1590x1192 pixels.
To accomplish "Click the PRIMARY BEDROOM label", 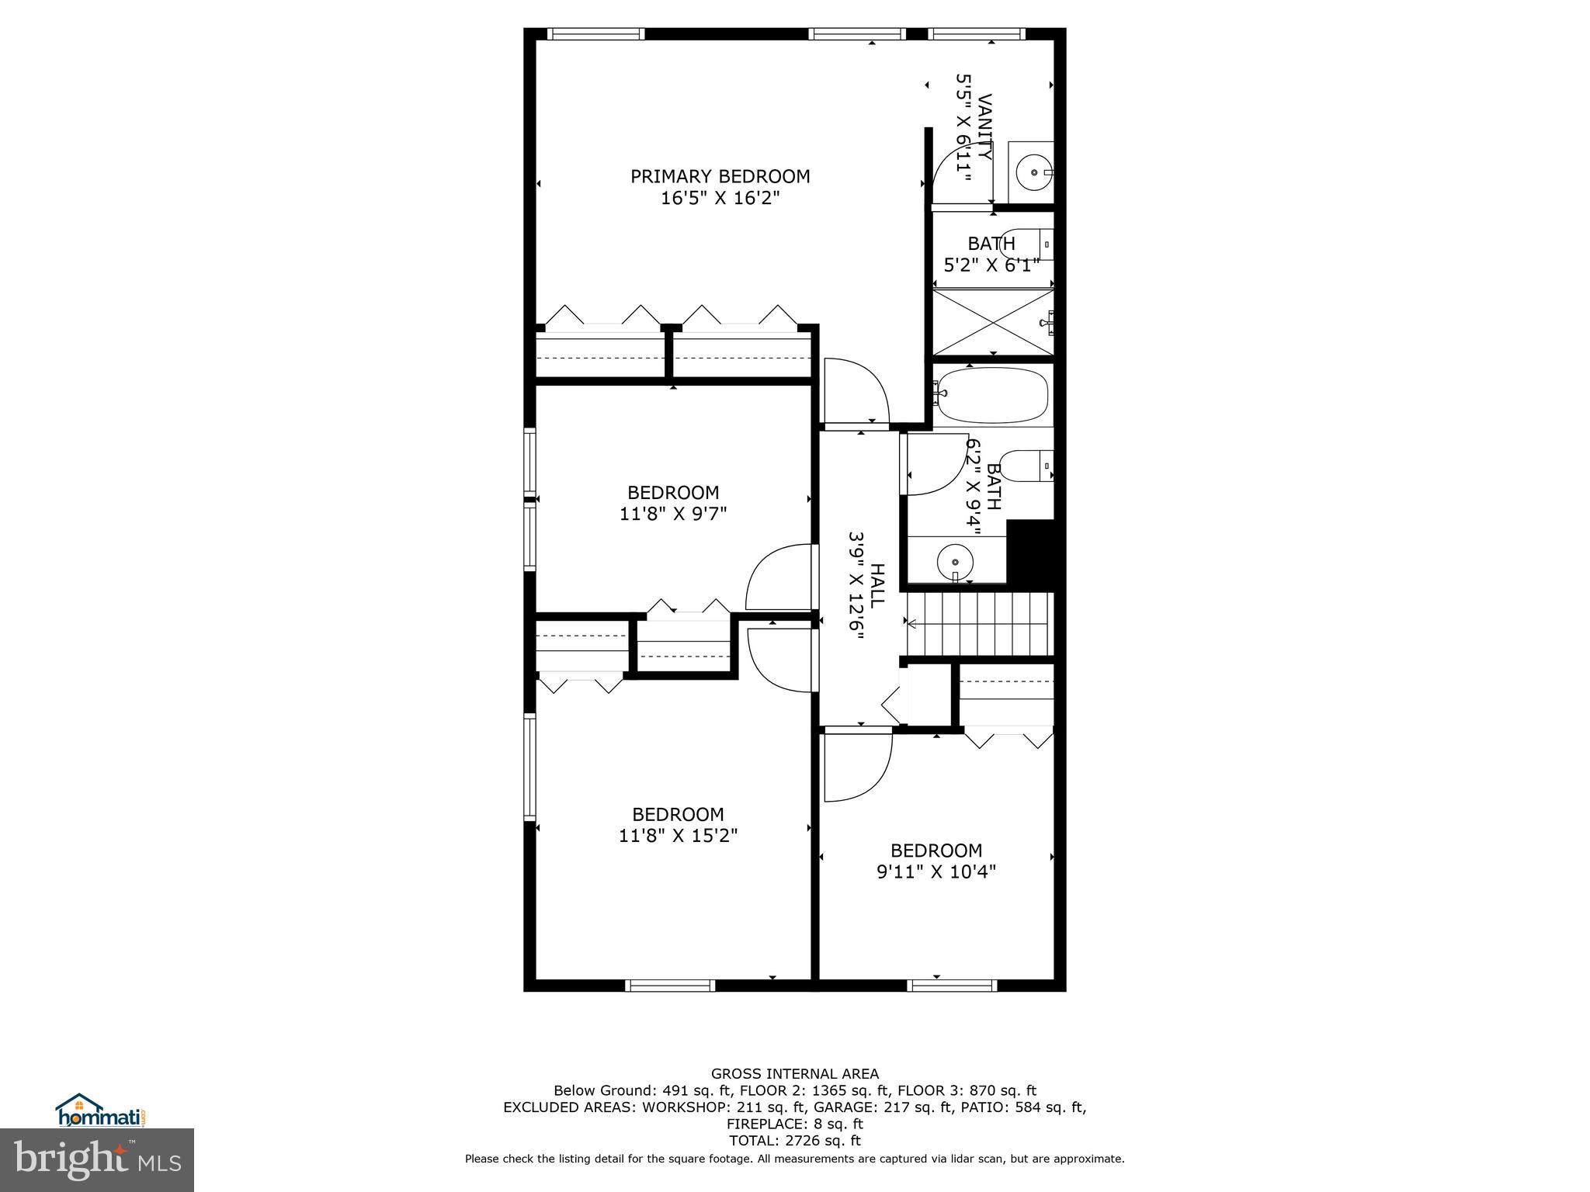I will (720, 177).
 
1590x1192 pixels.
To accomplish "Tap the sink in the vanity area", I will (1034, 172).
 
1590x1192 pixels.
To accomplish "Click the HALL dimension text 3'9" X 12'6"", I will (856, 586).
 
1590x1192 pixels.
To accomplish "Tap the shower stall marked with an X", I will (992, 323).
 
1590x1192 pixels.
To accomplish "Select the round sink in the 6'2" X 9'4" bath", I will (955, 560).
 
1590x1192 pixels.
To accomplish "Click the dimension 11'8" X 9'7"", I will (672, 514).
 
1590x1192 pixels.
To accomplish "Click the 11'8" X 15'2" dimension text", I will (678, 836).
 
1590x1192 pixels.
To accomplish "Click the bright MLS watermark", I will (97, 1161).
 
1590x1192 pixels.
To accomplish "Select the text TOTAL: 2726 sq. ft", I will (794, 1141).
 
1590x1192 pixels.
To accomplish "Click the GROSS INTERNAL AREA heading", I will (794, 1074).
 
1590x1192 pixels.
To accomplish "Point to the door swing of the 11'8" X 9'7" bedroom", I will (777, 578).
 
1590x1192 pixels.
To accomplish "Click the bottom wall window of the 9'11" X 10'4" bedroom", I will (951, 986).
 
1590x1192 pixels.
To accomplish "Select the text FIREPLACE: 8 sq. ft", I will (794, 1124).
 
